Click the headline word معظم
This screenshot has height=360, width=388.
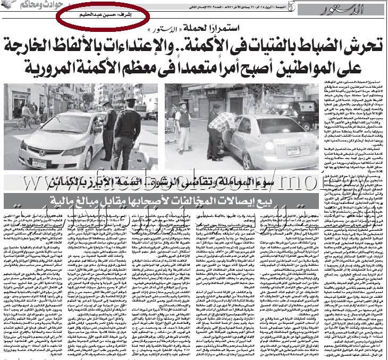click(152, 69)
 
